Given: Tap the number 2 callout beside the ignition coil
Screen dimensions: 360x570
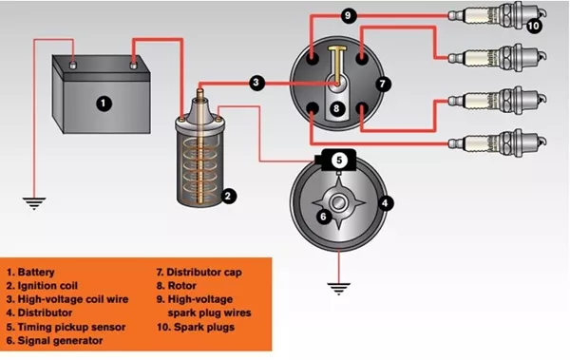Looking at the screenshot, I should (x=228, y=196).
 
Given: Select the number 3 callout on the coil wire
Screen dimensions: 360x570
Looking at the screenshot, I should (x=256, y=84).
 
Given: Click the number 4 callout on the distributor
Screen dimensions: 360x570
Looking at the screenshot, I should (x=385, y=202).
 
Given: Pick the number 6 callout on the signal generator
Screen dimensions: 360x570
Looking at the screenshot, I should (x=322, y=217).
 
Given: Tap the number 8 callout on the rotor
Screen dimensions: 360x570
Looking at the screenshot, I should (x=334, y=109).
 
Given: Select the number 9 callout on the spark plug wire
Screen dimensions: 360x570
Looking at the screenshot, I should (x=348, y=16).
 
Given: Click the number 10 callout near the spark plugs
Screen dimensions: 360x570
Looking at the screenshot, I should (x=534, y=27).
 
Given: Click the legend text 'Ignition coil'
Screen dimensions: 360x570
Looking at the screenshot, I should (x=53, y=285).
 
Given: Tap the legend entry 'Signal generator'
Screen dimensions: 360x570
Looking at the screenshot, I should (x=62, y=339).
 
